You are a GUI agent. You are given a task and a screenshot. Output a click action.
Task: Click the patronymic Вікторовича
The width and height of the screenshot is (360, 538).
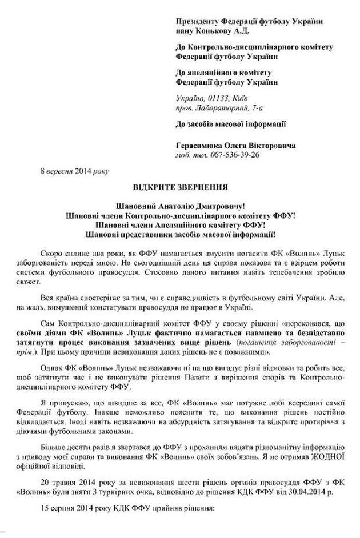pyautogui.click(x=269, y=146)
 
